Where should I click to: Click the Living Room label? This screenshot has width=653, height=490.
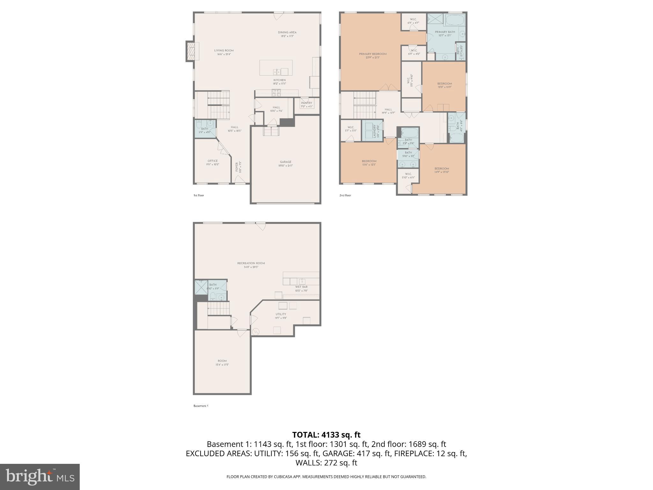(x=224, y=51)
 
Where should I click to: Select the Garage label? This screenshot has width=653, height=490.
(x=285, y=162)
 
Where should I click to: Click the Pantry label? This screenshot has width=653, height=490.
(x=306, y=103)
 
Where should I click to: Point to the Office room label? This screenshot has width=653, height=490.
(x=213, y=161)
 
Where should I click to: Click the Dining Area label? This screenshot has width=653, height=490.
(x=287, y=33)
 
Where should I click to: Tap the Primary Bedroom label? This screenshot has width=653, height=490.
(x=372, y=54)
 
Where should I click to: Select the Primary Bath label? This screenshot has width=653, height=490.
(x=445, y=32)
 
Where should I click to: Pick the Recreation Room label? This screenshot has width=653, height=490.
(x=251, y=264)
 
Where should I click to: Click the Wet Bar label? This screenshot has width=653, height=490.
(x=301, y=287)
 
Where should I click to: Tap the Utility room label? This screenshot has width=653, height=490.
(x=281, y=314)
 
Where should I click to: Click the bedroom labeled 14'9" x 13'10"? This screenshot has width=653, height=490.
(x=442, y=169)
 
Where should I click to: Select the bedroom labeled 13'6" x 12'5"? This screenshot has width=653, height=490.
(x=369, y=161)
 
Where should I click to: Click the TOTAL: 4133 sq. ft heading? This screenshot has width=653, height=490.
(x=326, y=435)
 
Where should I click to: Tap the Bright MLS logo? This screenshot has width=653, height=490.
(x=40, y=477)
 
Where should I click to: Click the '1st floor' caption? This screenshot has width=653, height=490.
(x=199, y=195)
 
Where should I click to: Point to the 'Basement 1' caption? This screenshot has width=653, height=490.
(x=201, y=406)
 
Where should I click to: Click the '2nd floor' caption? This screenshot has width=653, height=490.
(x=345, y=195)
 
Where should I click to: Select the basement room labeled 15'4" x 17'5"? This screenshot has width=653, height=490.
(x=222, y=361)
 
